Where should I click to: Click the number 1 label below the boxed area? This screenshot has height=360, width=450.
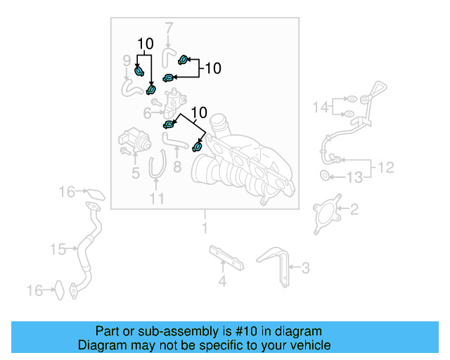tap(205, 229)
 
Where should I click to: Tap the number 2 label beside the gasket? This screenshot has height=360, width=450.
tap(354, 209)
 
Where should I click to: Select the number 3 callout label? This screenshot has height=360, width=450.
tap(305, 267)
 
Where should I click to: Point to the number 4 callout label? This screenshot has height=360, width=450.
tap(222, 283)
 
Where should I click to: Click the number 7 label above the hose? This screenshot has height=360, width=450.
tap(169, 29)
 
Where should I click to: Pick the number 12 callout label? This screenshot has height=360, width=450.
tap(386, 168)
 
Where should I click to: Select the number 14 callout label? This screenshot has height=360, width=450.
tap(321, 108)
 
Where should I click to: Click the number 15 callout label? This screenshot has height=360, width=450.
tap(58, 249)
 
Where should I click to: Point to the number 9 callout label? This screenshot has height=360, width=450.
tap(127, 59)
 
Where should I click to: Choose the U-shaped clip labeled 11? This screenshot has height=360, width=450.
tap(157, 169)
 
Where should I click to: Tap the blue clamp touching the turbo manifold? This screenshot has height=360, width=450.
tap(198, 147)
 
